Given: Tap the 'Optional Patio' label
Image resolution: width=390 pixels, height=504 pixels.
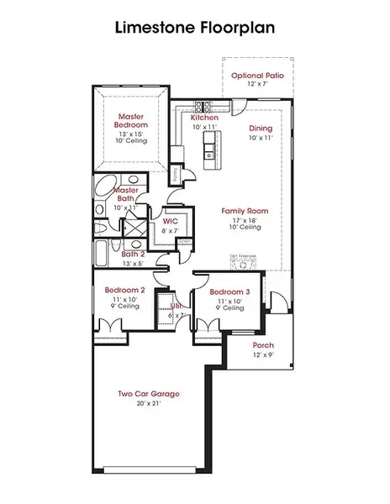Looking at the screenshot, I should tap(257, 75).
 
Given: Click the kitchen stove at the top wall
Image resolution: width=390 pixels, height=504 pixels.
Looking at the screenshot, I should tap(203, 106).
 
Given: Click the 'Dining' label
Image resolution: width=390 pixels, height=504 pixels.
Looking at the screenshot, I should tap(261, 129).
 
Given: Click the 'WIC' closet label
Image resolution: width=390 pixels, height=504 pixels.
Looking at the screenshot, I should tap(170, 221).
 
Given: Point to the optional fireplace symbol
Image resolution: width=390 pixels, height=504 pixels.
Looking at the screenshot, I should tap(243, 265).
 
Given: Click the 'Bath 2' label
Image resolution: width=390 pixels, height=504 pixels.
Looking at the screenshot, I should tap(133, 254).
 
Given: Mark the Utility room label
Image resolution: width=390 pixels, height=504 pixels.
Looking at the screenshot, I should tap(177, 307).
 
